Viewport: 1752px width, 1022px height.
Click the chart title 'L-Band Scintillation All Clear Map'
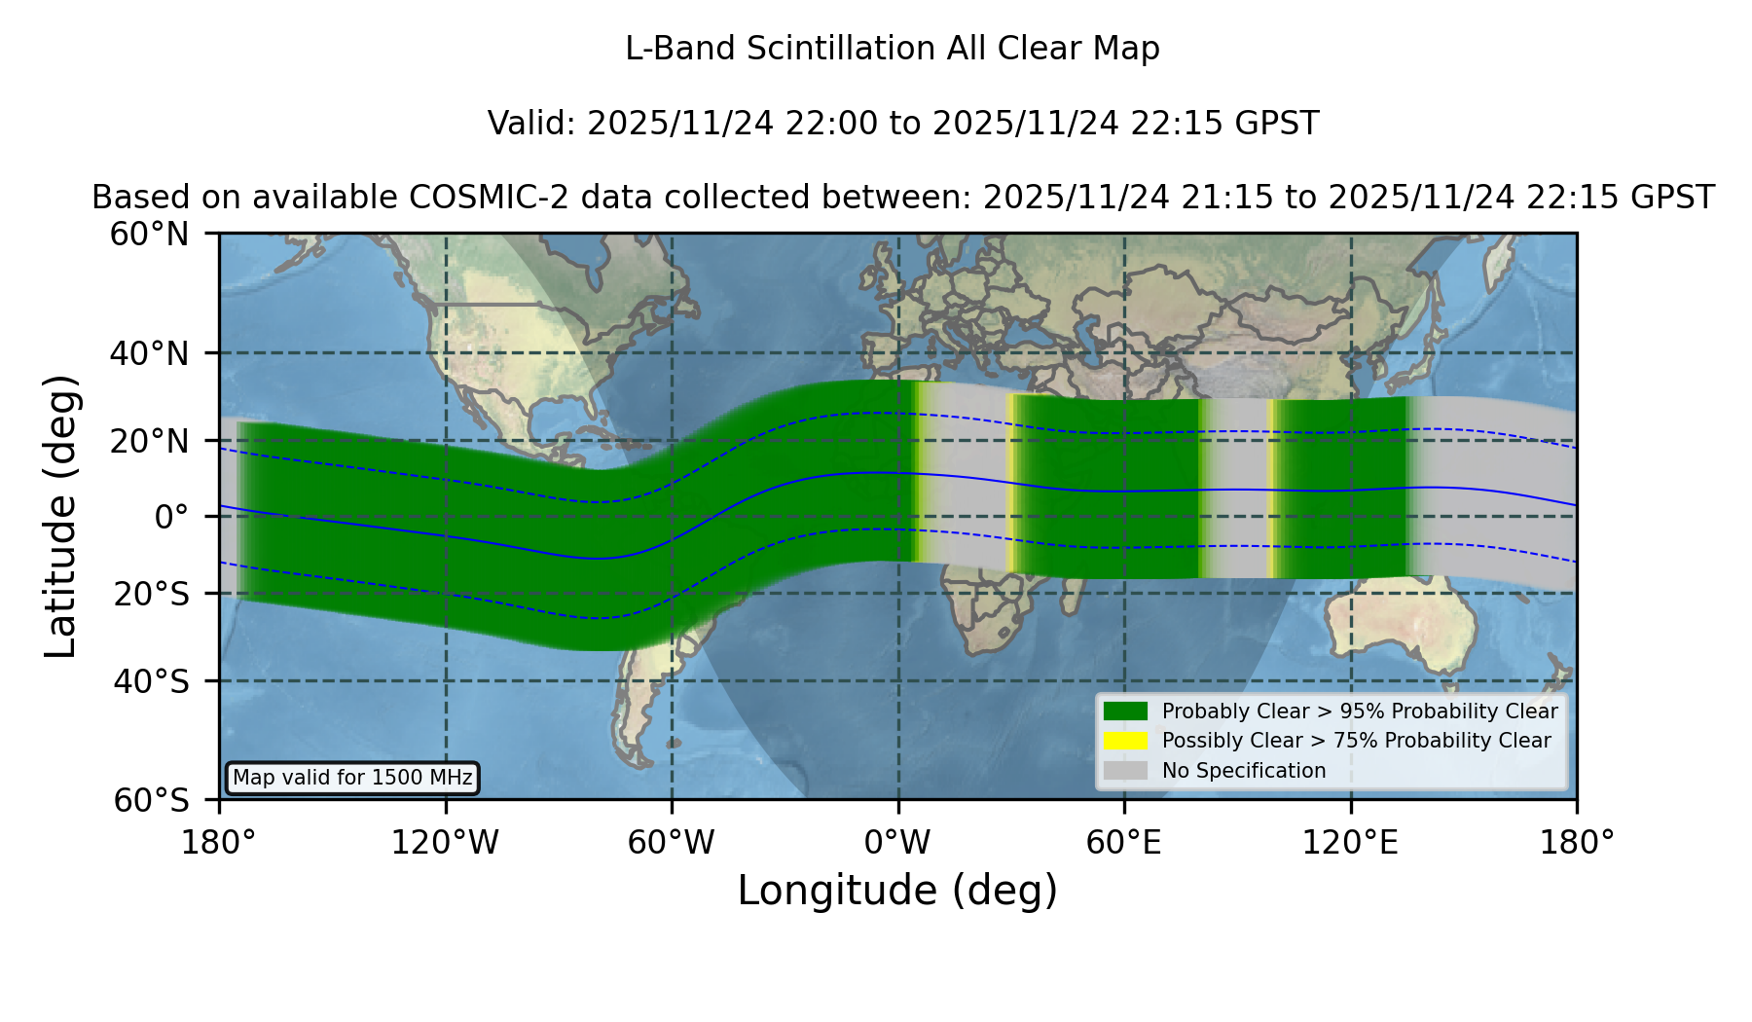coord(892,49)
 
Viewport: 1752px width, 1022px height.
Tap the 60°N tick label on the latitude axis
coord(149,234)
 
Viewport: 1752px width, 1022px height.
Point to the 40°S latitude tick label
coord(151,681)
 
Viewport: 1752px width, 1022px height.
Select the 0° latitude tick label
coord(171,516)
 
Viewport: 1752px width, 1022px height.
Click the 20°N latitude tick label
coord(149,441)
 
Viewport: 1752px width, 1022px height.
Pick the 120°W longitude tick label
coord(445,842)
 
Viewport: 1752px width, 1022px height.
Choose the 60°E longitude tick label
coord(1124,842)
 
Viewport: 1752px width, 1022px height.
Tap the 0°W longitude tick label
coord(897,842)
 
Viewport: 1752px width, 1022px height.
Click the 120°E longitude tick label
coord(1350,842)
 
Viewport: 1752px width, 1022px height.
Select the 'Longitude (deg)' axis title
coord(897,891)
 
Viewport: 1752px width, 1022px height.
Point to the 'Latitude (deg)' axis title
coord(60,516)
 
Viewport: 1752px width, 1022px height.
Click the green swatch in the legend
coord(1125,712)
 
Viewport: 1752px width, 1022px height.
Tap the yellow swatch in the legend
coord(1125,741)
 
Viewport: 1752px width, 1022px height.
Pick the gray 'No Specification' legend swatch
coord(1125,771)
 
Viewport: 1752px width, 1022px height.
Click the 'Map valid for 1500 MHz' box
coord(352,778)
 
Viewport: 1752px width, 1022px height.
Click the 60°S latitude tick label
coord(151,800)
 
